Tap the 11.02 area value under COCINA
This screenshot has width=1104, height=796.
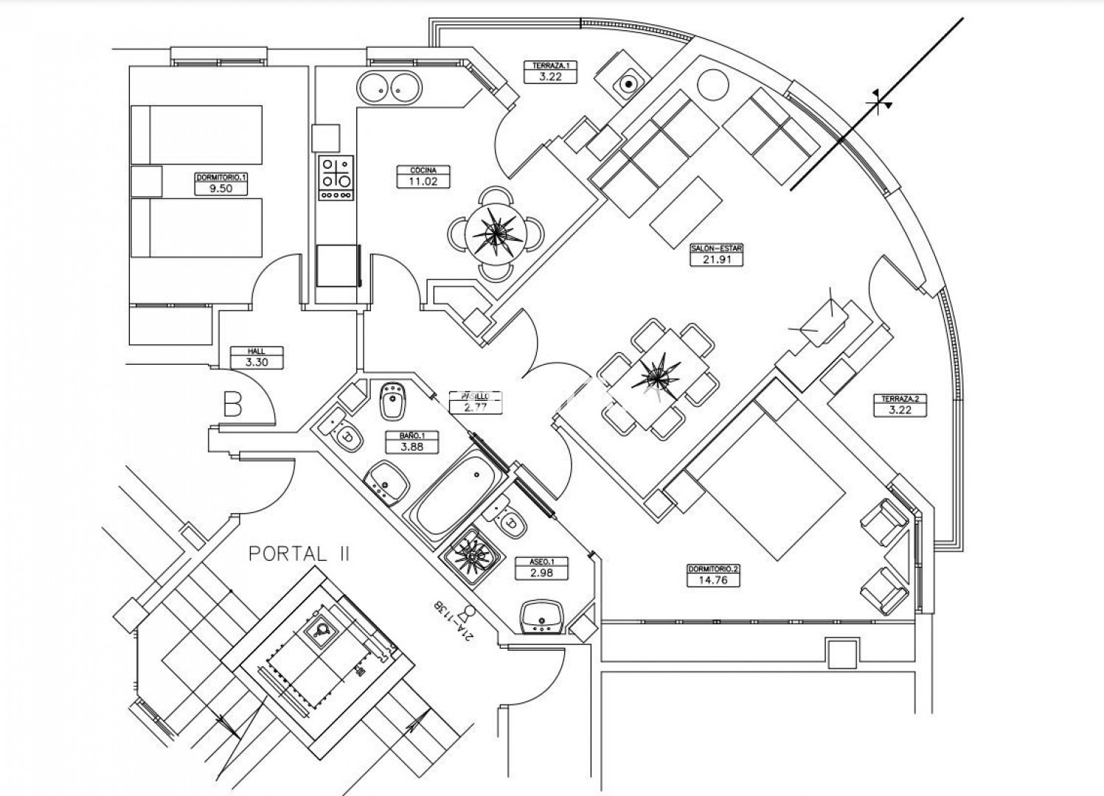click(423, 181)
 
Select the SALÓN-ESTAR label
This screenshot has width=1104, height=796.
click(716, 249)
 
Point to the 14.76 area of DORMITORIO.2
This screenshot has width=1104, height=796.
click(712, 580)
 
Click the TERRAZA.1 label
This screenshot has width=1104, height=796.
click(550, 65)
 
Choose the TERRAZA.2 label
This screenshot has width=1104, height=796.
click(900, 399)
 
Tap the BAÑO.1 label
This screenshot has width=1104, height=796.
click(412, 436)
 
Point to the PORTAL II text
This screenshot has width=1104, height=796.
click(299, 554)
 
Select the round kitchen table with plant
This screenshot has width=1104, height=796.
click(495, 233)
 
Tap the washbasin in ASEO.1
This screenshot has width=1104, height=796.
click(542, 615)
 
